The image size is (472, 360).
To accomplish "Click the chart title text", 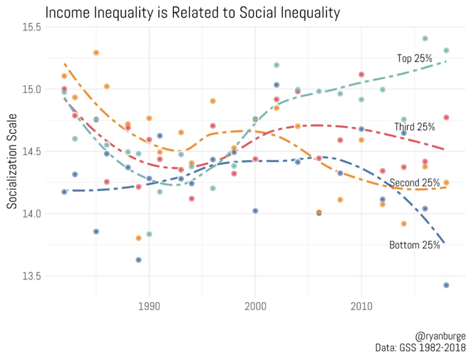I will click(x=192, y=13).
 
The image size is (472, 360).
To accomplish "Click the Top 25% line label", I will click(x=414, y=59).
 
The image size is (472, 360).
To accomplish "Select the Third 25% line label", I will click(x=414, y=127).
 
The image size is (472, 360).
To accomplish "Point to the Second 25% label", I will click(x=414, y=183).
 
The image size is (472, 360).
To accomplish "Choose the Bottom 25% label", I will click(x=414, y=245).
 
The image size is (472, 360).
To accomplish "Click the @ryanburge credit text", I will click(x=440, y=337).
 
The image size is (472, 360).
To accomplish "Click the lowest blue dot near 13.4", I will click(x=446, y=285).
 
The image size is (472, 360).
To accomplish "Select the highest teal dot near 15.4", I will click(x=425, y=39).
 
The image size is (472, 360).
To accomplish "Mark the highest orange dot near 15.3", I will click(x=96, y=53).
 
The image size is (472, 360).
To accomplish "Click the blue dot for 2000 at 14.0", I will click(x=255, y=211).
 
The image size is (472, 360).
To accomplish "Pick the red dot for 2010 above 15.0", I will click(x=361, y=74).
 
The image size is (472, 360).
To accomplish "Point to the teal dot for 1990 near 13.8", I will click(x=149, y=234).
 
